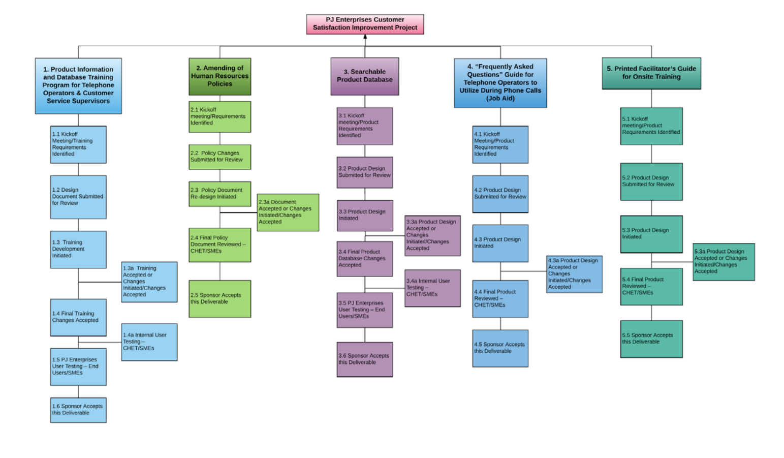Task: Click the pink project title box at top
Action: point(365,24)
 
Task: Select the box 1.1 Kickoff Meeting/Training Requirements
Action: point(78,144)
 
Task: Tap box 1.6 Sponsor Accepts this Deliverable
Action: point(78,410)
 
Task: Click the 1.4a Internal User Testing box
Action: point(149,342)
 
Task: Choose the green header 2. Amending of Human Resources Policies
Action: point(219,76)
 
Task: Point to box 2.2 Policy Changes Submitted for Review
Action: point(219,157)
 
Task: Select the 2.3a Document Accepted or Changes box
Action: point(288,212)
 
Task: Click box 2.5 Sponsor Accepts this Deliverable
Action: point(219,299)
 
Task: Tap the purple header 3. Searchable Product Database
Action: point(365,76)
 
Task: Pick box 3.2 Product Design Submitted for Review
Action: point(365,172)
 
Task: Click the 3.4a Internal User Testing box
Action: point(432,288)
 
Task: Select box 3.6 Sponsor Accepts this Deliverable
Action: point(365,359)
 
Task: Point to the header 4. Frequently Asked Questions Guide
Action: point(500,83)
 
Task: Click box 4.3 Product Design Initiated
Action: point(500,243)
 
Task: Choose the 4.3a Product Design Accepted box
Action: point(574,274)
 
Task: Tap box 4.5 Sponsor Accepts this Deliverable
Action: point(500,348)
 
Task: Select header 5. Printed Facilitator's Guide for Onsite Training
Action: point(651,73)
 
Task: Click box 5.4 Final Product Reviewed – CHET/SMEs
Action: point(651,287)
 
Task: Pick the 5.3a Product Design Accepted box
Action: point(724,262)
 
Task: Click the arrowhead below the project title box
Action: point(365,37)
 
